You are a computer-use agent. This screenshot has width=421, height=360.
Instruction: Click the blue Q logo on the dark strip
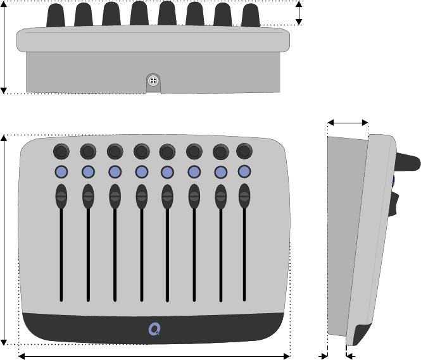pos(154,328)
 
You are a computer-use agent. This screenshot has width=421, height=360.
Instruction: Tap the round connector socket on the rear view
pos(153,81)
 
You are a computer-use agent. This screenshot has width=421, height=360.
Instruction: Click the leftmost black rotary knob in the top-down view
pos(61,151)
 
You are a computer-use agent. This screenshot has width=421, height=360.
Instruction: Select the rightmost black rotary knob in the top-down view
pos(244,151)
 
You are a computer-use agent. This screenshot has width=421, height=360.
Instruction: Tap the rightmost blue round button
pos(244,171)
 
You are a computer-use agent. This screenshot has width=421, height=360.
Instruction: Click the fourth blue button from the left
pos(141,171)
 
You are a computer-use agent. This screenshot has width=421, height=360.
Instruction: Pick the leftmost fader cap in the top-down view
pos(61,196)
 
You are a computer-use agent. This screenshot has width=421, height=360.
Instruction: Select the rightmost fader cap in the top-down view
pos(244,196)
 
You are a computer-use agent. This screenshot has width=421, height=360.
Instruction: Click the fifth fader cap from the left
pos(167,196)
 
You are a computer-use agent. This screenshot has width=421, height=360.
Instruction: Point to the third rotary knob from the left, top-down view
pos(115,151)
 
